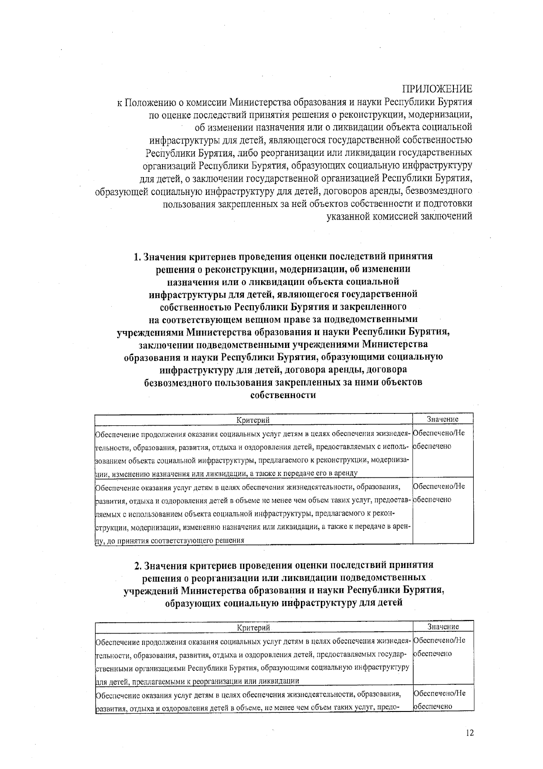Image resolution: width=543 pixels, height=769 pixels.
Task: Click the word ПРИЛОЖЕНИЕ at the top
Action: point(437,88)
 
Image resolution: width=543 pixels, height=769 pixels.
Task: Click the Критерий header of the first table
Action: point(253,420)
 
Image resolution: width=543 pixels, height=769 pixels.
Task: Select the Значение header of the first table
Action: point(443,419)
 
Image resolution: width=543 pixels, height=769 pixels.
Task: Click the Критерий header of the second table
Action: point(254,627)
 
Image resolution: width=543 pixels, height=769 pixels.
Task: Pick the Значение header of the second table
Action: point(443,627)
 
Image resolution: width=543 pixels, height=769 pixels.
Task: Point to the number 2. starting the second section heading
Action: point(138,565)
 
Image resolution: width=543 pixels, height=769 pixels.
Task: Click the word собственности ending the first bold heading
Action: point(283,395)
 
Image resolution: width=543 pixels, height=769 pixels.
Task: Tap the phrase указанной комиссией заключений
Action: point(400,216)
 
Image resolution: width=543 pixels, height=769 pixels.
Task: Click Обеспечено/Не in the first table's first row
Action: point(439,433)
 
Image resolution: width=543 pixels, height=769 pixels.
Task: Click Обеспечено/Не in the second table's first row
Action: point(439,640)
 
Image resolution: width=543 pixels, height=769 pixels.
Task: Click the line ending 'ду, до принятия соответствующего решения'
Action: point(170,540)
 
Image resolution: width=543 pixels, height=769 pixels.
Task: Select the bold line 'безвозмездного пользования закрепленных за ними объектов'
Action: point(283,382)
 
